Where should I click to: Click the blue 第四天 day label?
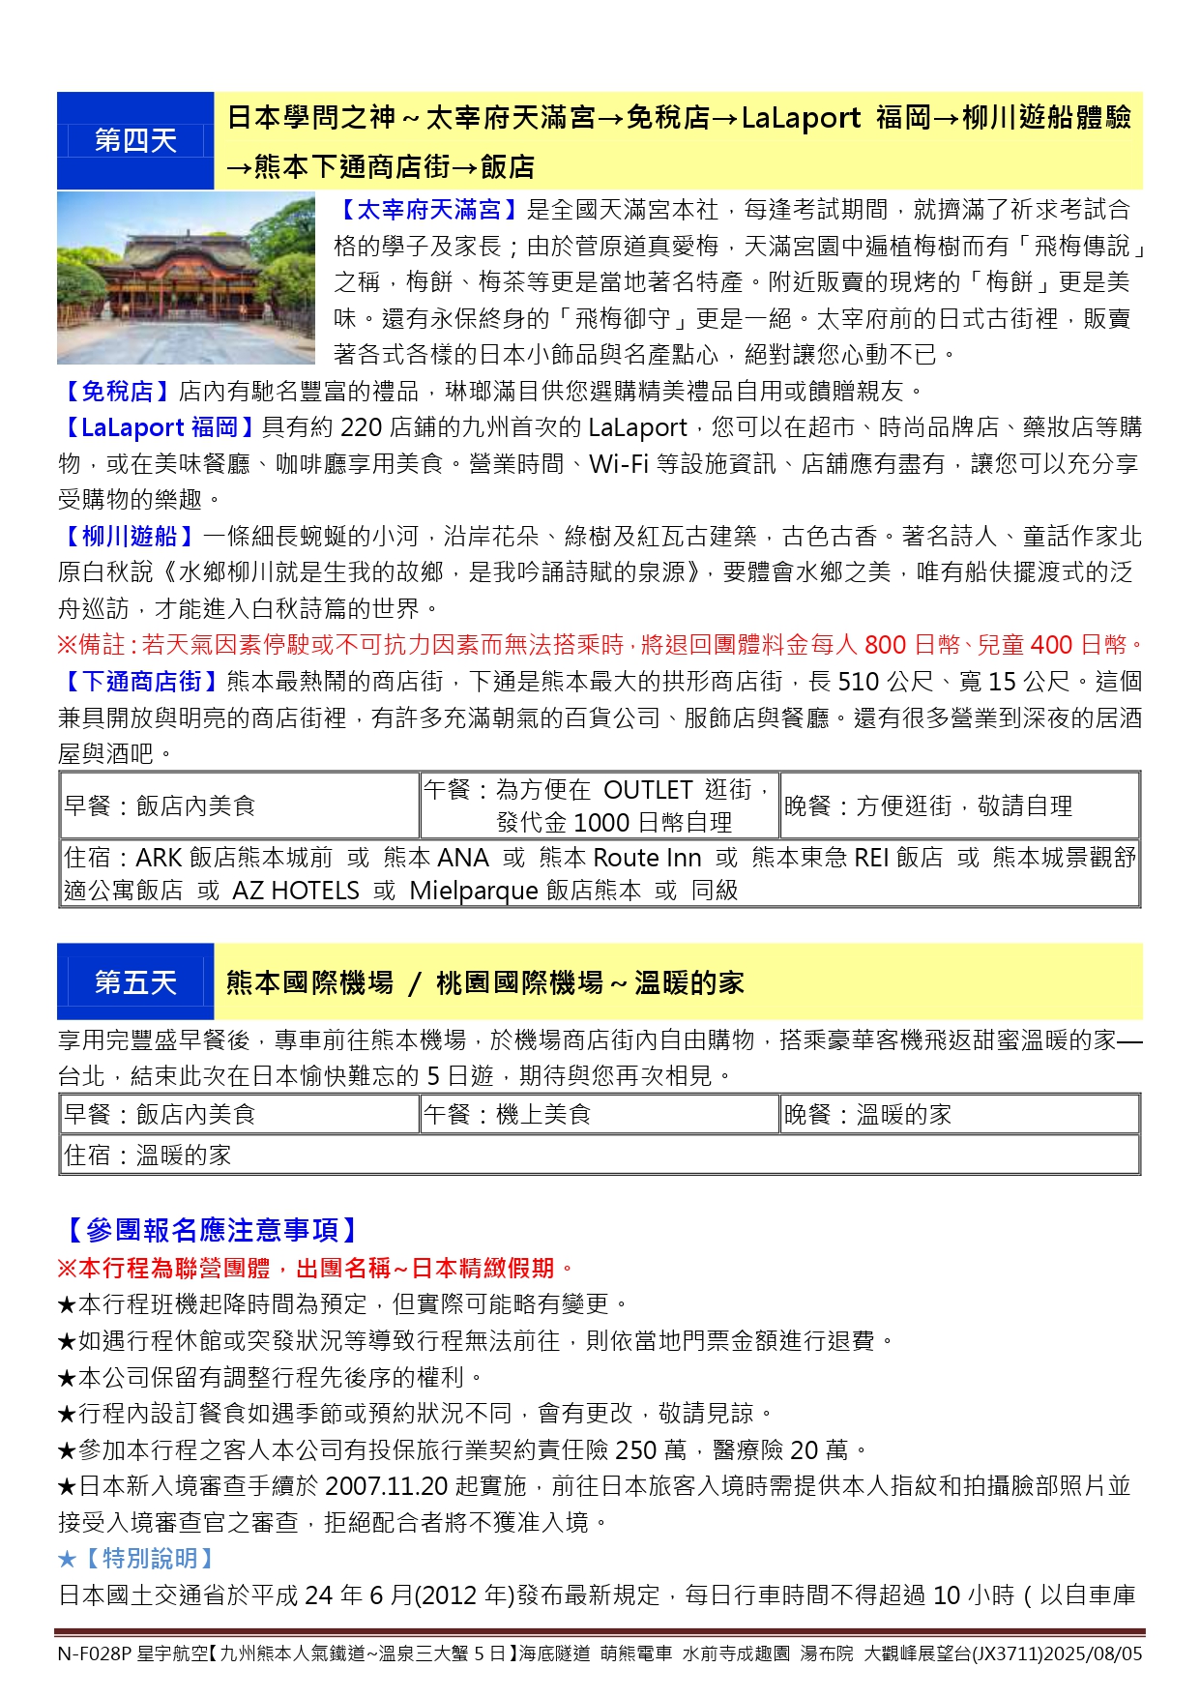[x=135, y=141]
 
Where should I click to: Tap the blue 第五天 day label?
[x=135, y=983]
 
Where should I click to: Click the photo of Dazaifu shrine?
[x=186, y=278]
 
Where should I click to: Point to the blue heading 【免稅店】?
[x=117, y=392]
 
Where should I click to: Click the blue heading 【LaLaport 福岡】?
[x=159, y=427]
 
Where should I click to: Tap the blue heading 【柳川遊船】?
[x=130, y=537]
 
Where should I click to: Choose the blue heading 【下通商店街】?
[x=141, y=682]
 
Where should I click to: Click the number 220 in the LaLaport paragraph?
[x=363, y=427]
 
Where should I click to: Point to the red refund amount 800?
[x=885, y=645]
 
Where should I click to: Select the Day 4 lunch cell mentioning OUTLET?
[x=600, y=805]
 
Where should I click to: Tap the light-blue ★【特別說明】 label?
[x=137, y=1559]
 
